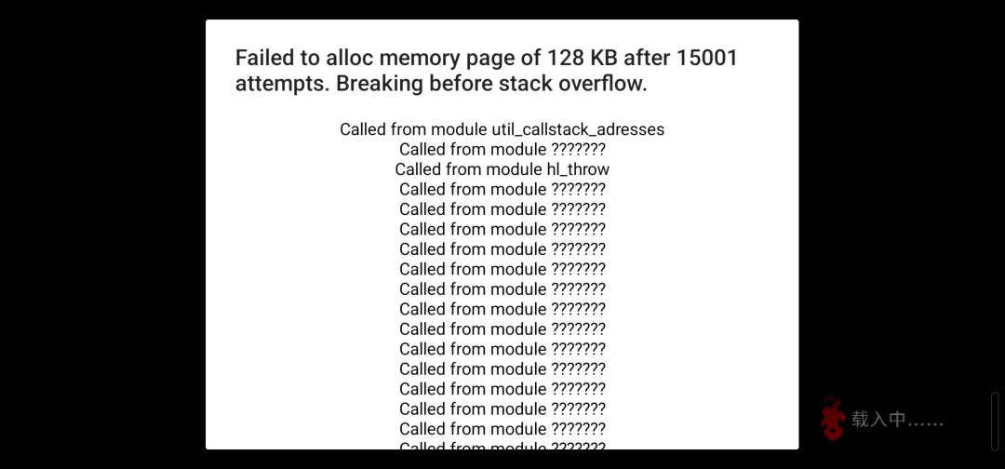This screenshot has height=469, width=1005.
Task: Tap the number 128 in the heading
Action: coord(562,58)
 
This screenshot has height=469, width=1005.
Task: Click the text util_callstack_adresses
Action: coord(578,129)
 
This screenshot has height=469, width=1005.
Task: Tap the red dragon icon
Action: coord(833,419)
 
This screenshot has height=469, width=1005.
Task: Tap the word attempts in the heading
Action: coord(283,84)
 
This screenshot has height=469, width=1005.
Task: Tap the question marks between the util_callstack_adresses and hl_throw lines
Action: coord(578,149)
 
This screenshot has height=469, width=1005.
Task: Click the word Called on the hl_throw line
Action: coord(418,169)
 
